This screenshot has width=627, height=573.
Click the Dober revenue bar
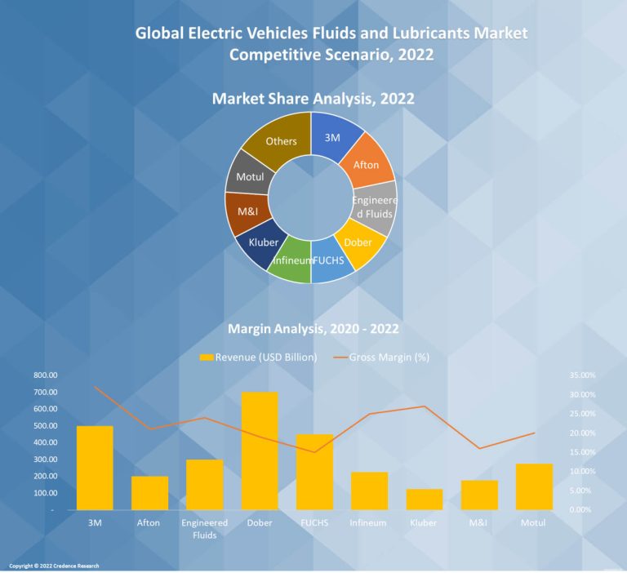point(260,451)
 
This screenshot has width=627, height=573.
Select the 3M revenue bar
point(95,468)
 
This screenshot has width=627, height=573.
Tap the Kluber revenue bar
point(425,500)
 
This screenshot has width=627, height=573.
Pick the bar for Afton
point(149,493)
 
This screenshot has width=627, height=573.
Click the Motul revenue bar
point(534,486)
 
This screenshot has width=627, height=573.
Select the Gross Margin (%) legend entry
point(382,357)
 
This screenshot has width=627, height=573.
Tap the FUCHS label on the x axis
point(314,522)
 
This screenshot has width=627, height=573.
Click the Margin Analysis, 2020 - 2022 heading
point(313,330)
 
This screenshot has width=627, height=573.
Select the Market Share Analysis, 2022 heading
point(313,99)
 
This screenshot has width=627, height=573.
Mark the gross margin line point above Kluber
point(425,406)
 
